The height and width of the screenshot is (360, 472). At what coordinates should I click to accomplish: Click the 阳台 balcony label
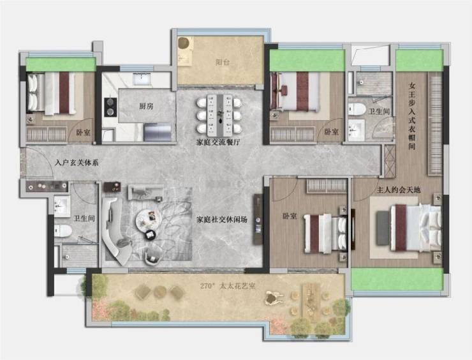[223, 63]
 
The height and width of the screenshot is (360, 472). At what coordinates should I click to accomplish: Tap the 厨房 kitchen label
[146, 106]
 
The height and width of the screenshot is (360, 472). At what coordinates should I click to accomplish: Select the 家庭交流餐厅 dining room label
[218, 142]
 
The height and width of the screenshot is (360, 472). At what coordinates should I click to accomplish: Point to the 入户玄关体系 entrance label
[77, 163]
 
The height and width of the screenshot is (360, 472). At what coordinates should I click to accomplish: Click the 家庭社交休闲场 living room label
[222, 220]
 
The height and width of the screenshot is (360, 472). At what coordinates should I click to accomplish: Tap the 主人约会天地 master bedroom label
[399, 190]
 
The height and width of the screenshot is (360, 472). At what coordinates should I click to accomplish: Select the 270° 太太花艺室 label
[228, 286]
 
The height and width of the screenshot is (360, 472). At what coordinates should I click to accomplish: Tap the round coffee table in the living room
[148, 220]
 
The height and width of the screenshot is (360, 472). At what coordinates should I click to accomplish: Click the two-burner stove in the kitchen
[110, 107]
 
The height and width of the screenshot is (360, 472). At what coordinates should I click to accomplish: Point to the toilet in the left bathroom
[63, 231]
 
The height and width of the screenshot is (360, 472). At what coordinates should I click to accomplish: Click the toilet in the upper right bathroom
[357, 109]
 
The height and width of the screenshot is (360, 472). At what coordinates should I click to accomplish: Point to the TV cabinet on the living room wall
[258, 219]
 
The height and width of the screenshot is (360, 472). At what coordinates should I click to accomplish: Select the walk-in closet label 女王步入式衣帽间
[412, 116]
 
